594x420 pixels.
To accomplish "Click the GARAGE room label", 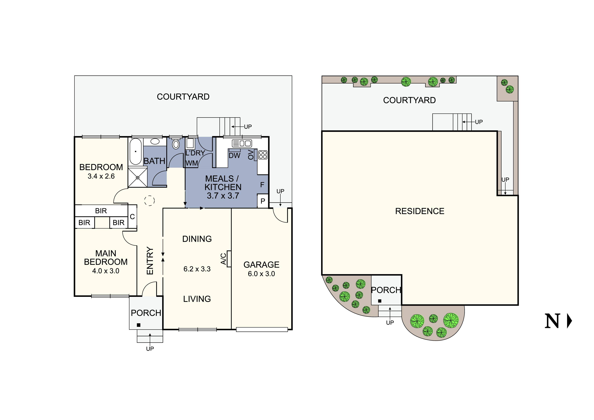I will tap(261, 265).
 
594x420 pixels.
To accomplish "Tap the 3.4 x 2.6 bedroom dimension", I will tap(101, 176).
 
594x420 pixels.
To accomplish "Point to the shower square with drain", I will tap(138, 178).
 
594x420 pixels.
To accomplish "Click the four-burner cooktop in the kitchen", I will tap(263, 155).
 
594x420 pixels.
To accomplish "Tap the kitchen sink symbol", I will tap(242, 143).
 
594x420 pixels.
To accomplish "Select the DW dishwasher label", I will tap(234, 156).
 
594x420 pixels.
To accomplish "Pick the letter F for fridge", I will tap(262, 185).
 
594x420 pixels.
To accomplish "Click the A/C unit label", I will tap(224, 259).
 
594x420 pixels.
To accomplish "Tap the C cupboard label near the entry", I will tap(132, 217).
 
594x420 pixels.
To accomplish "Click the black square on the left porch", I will tap(139, 325).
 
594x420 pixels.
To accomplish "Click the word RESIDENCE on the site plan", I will tap(420, 211).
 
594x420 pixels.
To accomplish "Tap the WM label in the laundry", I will tap(192, 163).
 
